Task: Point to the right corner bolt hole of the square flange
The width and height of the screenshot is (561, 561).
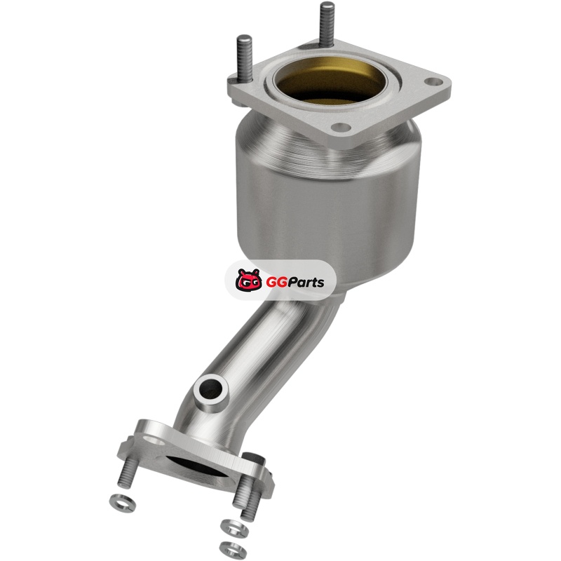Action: pos(433,82)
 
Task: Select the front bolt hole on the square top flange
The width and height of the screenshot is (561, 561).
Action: pos(340,127)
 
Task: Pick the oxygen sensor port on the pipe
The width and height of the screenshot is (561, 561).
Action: pos(211,393)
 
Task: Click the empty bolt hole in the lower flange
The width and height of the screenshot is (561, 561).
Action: pos(151,440)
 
